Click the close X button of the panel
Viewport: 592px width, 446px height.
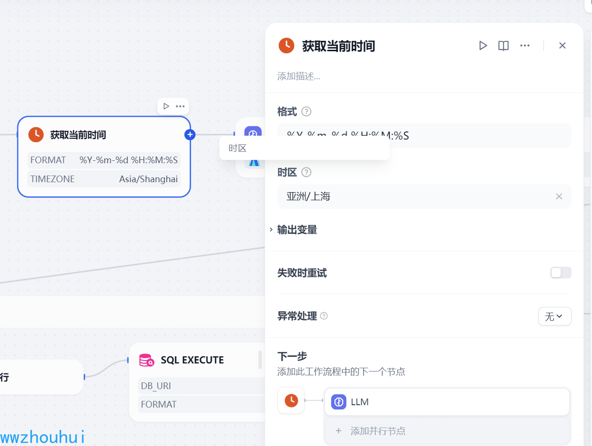[x=562, y=46]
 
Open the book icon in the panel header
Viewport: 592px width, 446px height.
[x=503, y=46]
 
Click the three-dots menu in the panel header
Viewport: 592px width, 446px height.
[x=525, y=46]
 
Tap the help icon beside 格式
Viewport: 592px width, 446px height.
[x=306, y=112]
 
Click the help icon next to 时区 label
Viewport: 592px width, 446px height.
[x=306, y=172]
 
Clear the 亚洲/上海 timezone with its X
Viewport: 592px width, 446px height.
[x=559, y=196]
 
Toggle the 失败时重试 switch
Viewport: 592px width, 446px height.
[x=561, y=273]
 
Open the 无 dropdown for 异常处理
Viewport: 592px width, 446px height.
[x=554, y=316]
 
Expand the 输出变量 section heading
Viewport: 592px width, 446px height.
[x=297, y=230]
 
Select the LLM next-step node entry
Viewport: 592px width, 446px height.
[x=447, y=402]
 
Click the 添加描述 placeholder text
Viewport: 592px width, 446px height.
[x=299, y=76]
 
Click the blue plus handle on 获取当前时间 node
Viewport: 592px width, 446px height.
[x=190, y=135]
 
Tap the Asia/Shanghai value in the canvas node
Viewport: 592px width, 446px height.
[x=148, y=179]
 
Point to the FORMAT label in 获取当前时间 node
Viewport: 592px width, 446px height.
[x=48, y=160]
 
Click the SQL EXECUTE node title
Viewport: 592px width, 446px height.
[x=192, y=360]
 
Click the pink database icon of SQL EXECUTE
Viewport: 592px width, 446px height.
[x=146, y=360]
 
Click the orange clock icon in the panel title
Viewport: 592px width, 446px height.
[x=286, y=46]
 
